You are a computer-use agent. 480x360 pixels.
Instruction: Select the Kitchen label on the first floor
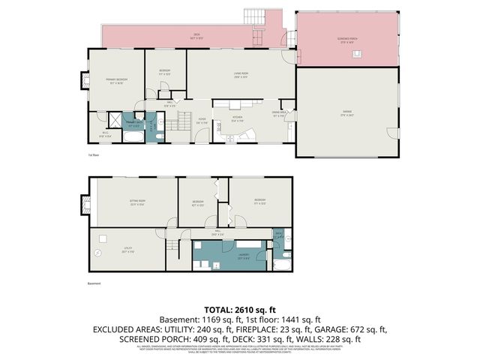(x=238, y=118)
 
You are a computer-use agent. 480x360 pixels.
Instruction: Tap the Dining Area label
(x=278, y=114)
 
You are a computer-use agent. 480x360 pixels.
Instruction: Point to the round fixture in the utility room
(x=97, y=253)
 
